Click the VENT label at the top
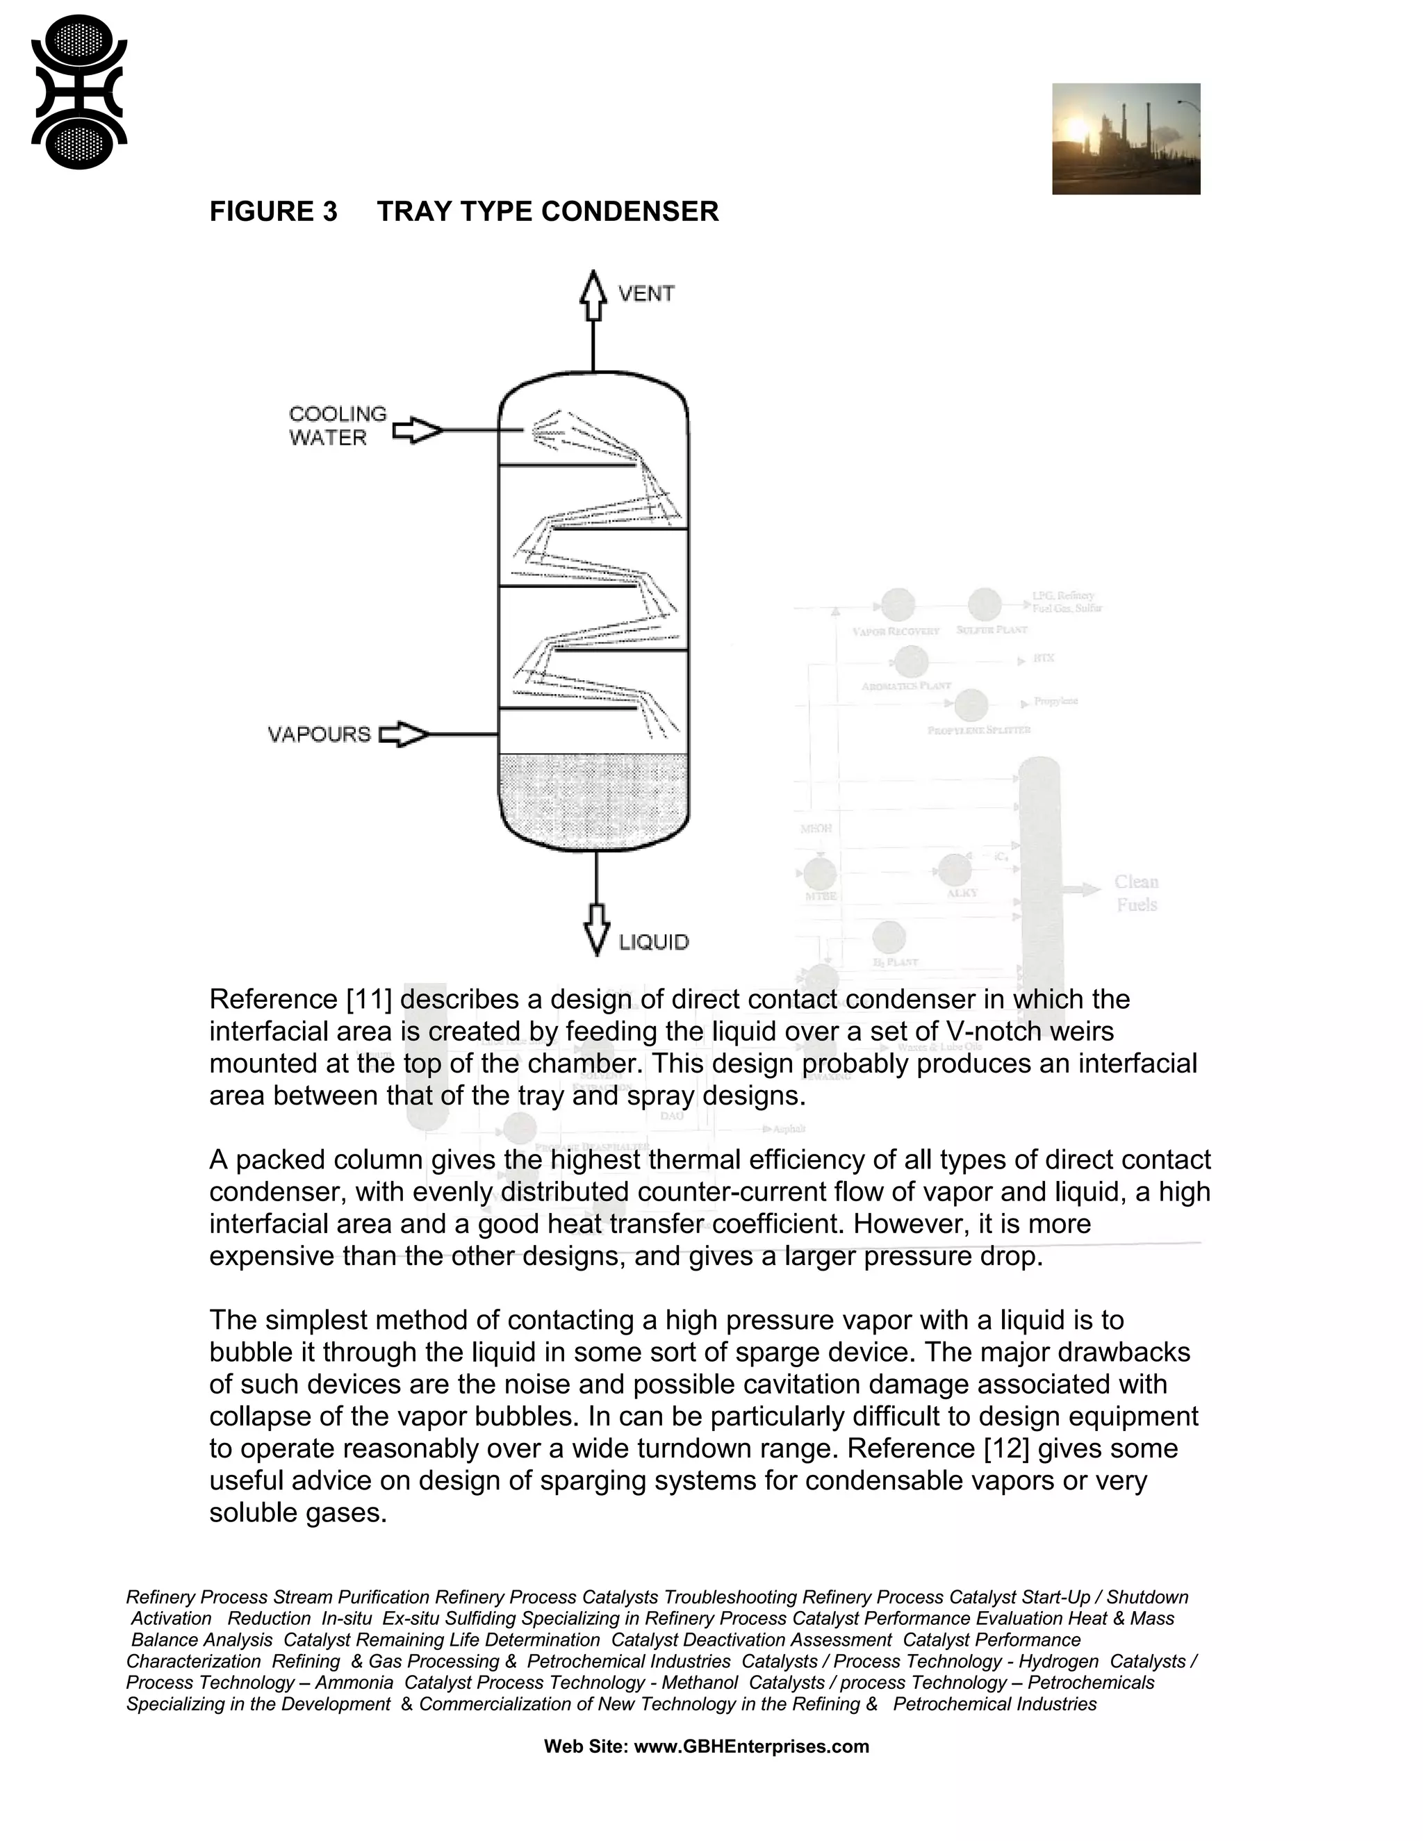(645, 293)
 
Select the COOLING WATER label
(337, 426)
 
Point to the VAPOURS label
(320, 734)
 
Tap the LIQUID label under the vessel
(653, 941)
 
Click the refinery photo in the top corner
(1126, 139)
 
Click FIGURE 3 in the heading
(273, 212)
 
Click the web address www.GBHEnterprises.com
(751, 1747)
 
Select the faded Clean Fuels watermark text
(1136, 893)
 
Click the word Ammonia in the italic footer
(354, 1683)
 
